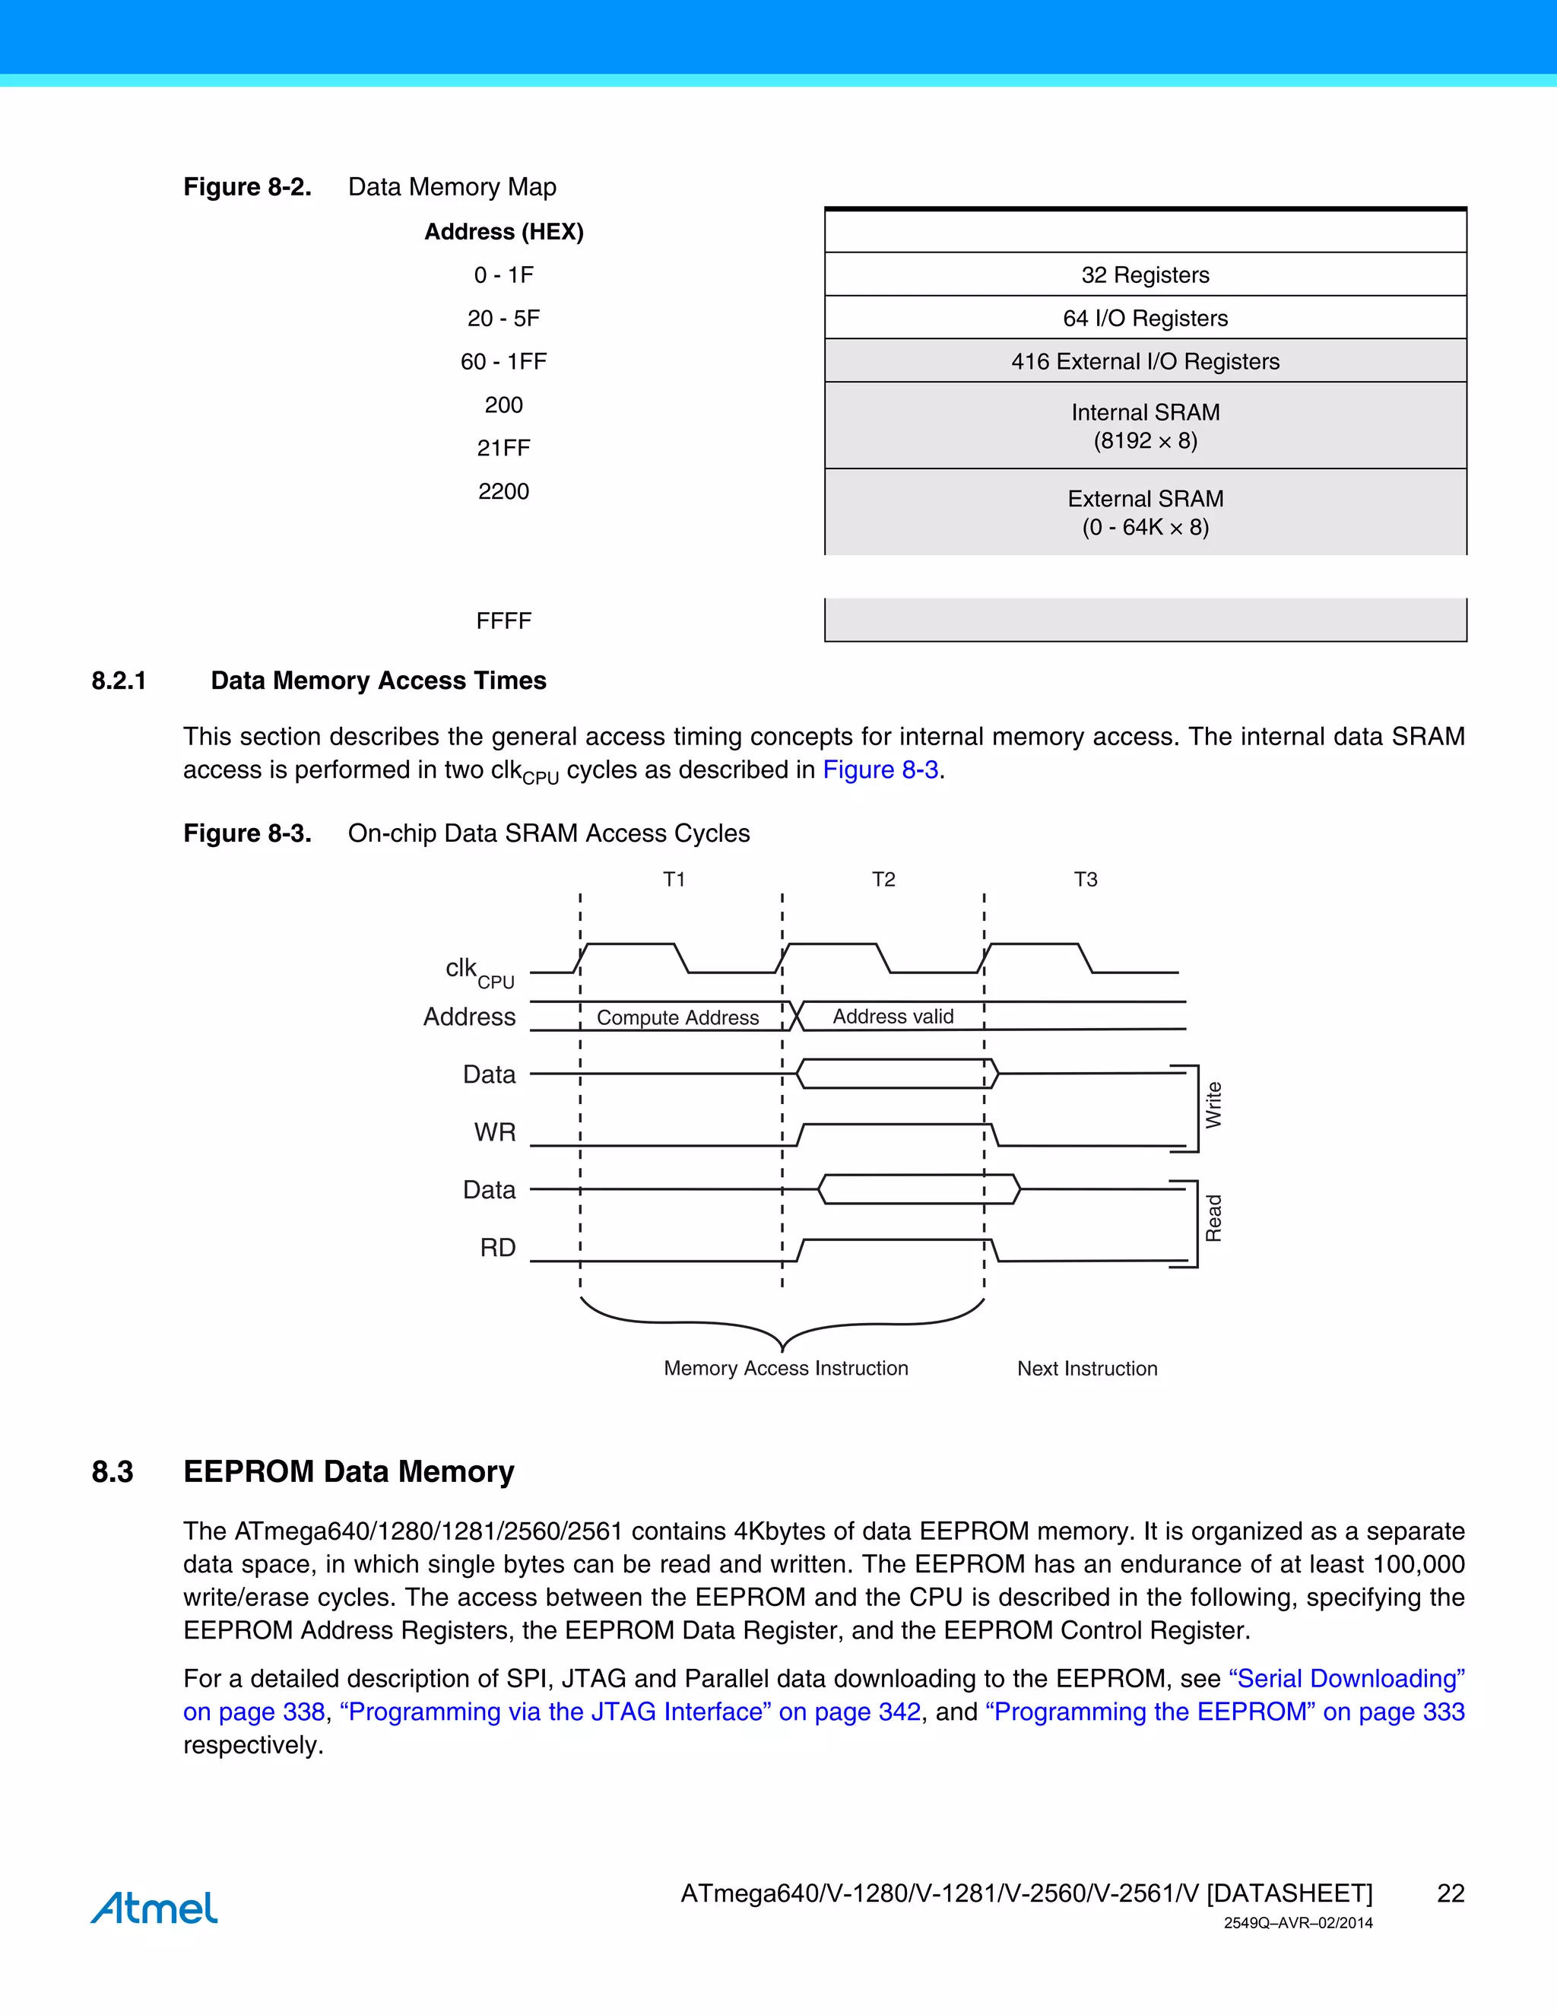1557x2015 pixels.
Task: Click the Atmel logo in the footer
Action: click(x=154, y=1907)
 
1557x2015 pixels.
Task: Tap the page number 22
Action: click(x=1450, y=1893)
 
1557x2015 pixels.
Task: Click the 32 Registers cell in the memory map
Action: click(x=1145, y=275)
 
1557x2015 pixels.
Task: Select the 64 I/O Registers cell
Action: click(x=1145, y=319)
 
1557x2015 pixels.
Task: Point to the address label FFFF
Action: click(x=503, y=621)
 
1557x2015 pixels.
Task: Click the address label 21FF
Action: click(x=503, y=449)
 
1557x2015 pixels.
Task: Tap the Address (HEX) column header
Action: click(x=503, y=232)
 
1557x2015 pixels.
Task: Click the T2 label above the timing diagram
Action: click(x=883, y=879)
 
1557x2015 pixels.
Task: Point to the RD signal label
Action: click(x=497, y=1247)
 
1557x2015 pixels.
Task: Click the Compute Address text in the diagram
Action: click(x=678, y=1017)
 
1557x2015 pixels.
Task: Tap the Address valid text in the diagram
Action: click(x=893, y=1016)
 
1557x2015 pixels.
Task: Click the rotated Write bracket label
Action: click(x=1213, y=1106)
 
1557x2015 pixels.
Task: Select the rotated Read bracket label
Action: click(x=1213, y=1219)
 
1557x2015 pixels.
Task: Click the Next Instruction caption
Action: click(x=1086, y=1368)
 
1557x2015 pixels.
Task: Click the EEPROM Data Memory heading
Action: click(x=349, y=1471)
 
